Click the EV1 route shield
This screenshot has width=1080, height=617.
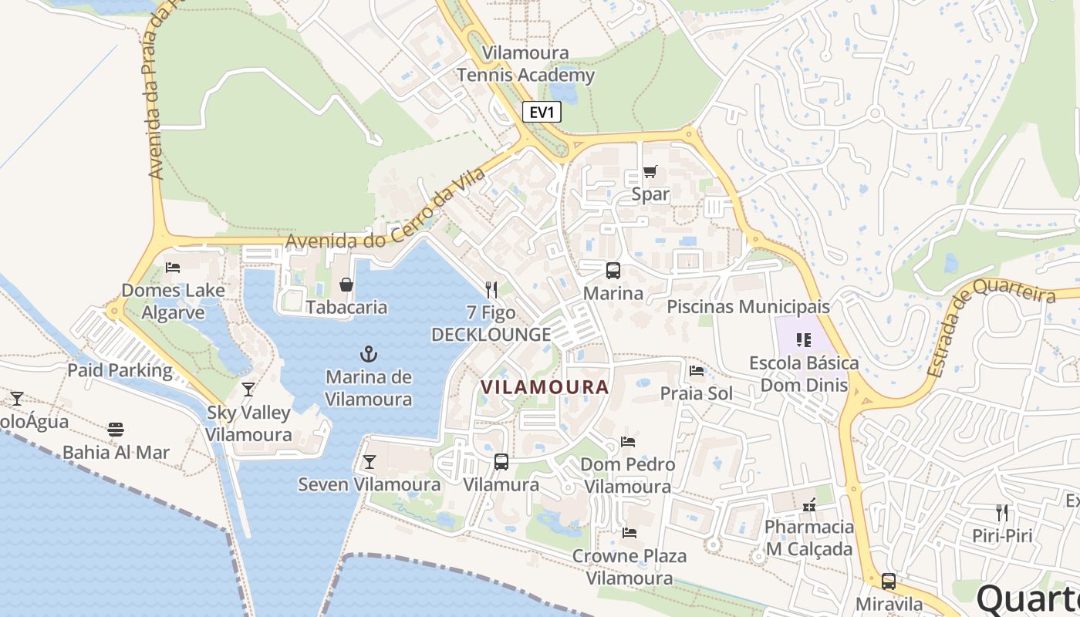[x=542, y=112]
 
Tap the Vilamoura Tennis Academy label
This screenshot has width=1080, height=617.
[x=525, y=64]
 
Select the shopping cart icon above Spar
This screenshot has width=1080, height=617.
[x=650, y=172]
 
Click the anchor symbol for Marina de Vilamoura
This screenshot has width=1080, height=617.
[x=369, y=354]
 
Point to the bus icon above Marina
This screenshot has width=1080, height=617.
[x=613, y=271]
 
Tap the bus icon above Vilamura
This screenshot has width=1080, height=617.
[x=501, y=462]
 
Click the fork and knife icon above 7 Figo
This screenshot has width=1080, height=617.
[x=491, y=290]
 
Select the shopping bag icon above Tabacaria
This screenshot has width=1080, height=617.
[x=346, y=285]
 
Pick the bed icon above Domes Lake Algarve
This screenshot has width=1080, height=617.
[x=173, y=268]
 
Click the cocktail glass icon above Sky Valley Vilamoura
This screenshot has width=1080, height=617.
[x=248, y=389]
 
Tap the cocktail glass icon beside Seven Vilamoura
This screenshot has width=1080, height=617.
[x=370, y=462]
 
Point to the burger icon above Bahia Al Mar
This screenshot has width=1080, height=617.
[x=116, y=430]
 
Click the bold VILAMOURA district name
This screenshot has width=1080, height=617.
[x=545, y=387]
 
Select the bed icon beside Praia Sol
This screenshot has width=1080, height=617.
[x=697, y=371]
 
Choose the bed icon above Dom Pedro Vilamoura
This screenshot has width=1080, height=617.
[x=628, y=442]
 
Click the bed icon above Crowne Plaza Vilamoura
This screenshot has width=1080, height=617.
[x=629, y=533]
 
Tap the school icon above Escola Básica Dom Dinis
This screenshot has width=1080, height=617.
[x=804, y=340]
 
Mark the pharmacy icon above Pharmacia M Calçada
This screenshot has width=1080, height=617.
[x=809, y=505]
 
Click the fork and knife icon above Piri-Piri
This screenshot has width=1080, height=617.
[x=1001, y=512]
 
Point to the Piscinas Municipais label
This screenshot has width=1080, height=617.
[x=748, y=306]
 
